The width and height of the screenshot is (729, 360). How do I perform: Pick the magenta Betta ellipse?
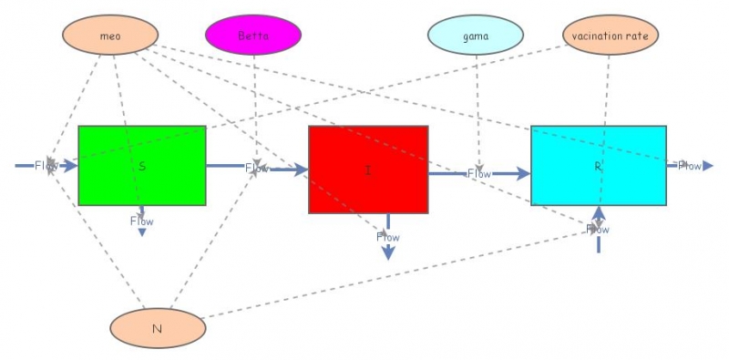(x=253, y=36)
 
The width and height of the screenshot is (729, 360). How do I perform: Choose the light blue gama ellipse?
(x=476, y=36)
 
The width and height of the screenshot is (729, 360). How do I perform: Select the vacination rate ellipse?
(x=610, y=36)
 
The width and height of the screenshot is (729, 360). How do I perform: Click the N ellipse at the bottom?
(x=157, y=328)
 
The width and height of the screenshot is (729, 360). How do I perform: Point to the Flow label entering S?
(x=46, y=166)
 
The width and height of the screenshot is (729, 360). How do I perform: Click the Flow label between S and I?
(x=257, y=168)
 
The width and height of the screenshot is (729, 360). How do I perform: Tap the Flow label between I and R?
(x=479, y=173)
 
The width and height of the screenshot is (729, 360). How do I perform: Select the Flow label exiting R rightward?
(x=689, y=166)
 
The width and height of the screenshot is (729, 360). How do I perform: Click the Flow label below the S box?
(x=141, y=221)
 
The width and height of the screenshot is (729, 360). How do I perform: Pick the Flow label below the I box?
(x=387, y=237)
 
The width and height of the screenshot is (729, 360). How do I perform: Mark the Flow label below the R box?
(x=597, y=230)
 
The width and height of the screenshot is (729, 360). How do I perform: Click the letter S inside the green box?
(x=143, y=166)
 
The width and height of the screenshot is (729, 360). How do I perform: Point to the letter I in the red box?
(x=368, y=170)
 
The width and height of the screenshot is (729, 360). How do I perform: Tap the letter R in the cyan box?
(x=598, y=167)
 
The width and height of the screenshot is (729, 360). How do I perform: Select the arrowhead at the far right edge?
(x=707, y=166)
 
